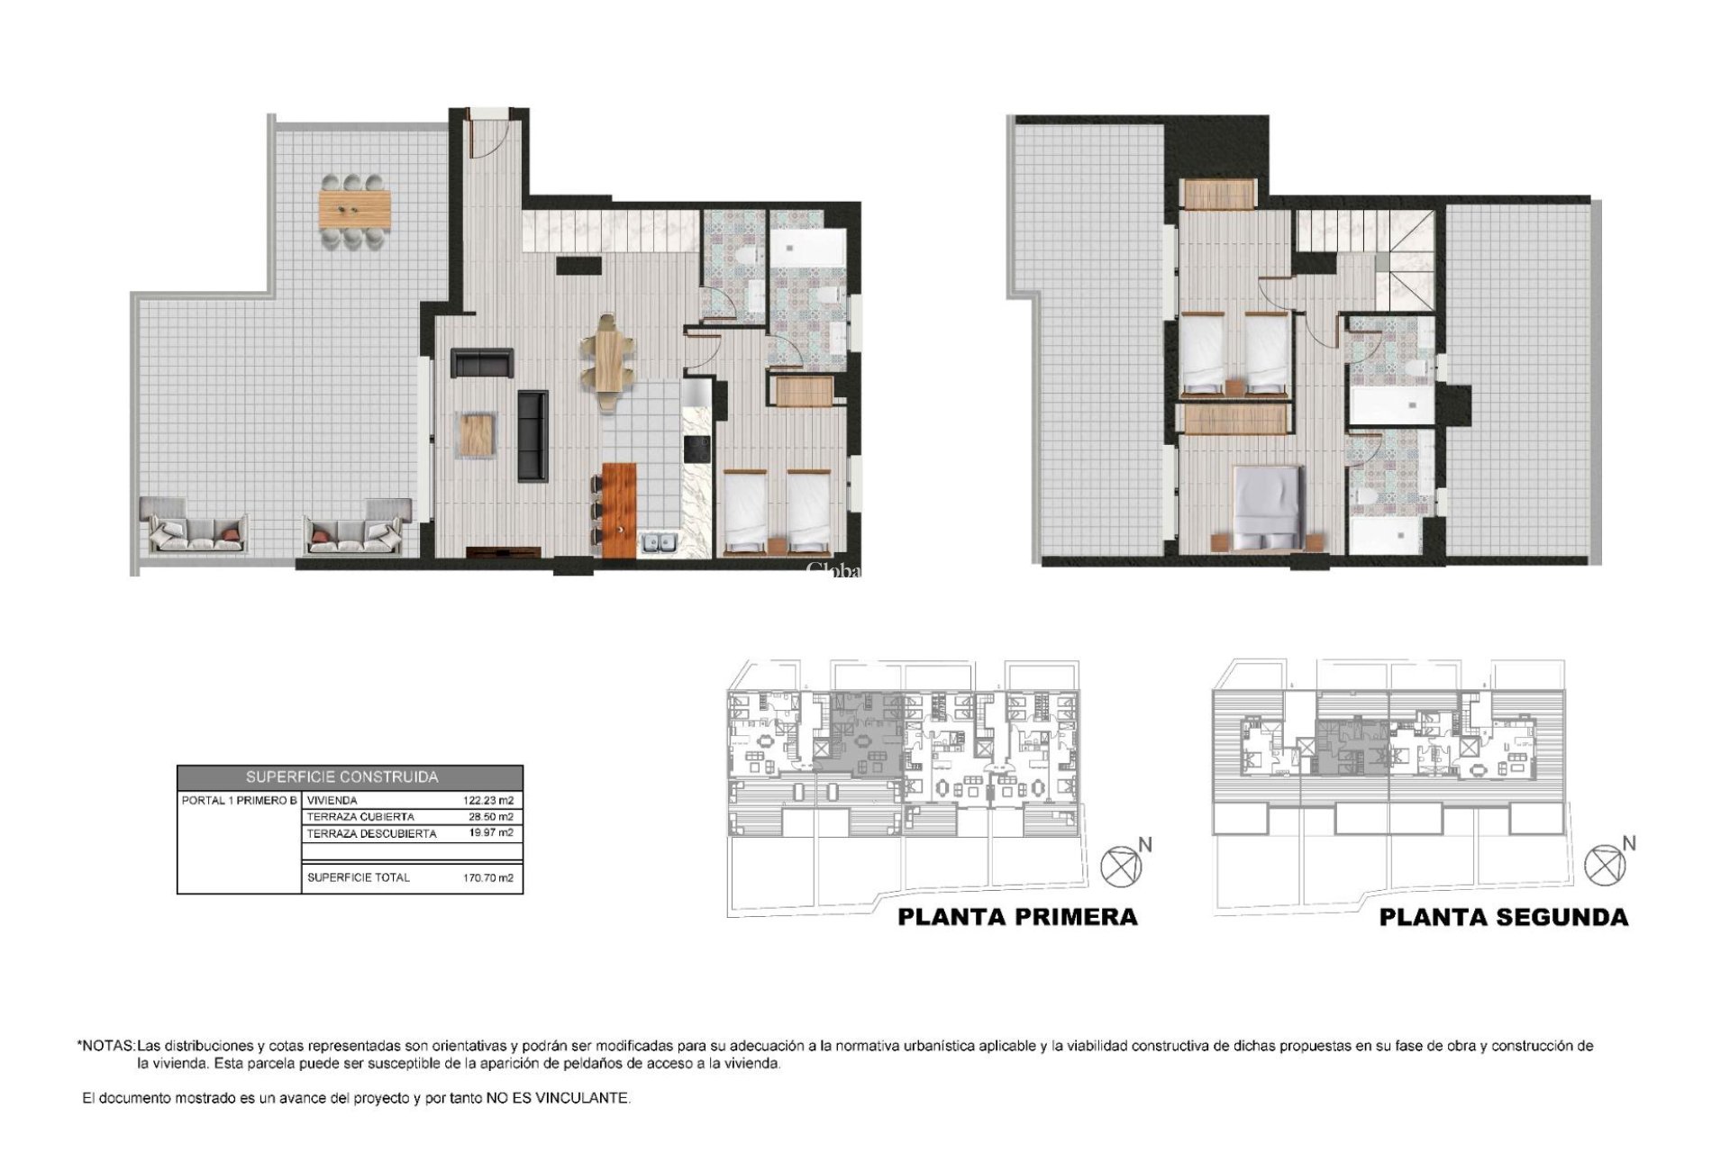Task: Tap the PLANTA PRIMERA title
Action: click(1017, 917)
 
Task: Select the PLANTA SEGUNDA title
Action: click(1503, 917)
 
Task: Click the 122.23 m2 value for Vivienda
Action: click(487, 800)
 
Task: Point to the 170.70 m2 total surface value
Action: click(487, 877)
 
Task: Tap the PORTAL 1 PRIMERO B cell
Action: click(239, 800)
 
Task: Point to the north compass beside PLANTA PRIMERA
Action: click(1120, 867)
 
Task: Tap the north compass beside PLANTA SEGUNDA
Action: click(1604, 865)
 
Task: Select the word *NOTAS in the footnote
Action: click(106, 1046)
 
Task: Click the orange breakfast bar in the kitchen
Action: click(619, 509)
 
